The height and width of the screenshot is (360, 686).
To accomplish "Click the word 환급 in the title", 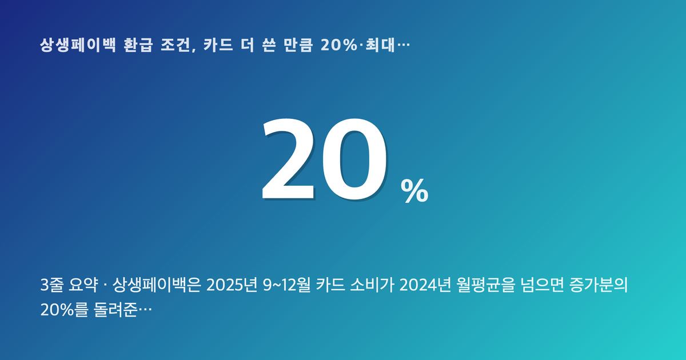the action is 138,45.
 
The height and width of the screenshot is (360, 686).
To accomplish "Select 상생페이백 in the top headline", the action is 78,45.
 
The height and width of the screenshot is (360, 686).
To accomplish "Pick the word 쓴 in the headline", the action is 269,45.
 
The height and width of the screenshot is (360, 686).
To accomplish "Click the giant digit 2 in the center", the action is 288,159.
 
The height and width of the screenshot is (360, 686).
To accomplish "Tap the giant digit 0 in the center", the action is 354,159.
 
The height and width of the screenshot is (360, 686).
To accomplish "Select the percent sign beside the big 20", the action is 414,191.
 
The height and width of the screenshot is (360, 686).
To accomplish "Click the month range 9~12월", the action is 286,285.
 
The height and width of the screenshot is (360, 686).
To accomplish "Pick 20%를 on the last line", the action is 64,310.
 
